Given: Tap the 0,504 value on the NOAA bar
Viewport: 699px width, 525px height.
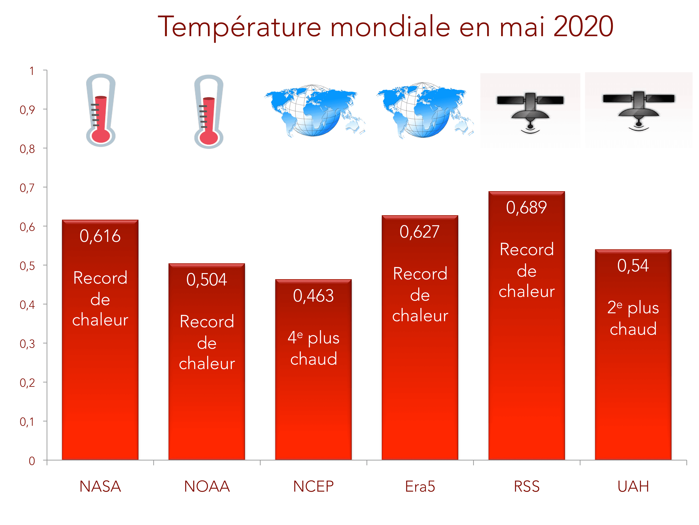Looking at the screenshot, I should coord(207,280).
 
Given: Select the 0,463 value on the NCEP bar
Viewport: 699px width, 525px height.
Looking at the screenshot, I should coord(313,296).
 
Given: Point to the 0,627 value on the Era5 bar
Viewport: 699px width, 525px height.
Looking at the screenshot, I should coord(420,232).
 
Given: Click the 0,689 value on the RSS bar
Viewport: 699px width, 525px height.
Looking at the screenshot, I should coord(527,208).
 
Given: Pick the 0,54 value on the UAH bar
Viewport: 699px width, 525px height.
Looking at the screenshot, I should coord(633,266).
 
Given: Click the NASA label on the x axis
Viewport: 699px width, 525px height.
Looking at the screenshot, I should coord(100,486).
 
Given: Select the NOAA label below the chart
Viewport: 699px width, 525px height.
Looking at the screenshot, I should coord(207,486).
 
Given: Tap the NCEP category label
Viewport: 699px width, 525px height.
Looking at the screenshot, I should coord(313,486).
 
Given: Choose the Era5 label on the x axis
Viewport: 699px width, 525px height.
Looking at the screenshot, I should coord(420,486).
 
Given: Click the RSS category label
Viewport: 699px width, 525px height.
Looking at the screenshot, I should coord(527,486).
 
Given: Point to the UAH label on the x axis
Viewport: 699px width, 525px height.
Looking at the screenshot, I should coord(633,486).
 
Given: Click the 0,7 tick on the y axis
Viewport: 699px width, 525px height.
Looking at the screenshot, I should coord(27,188).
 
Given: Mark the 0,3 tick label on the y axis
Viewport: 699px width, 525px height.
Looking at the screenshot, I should coord(27,344).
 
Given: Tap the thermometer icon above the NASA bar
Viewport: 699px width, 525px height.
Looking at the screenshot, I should coord(101,110).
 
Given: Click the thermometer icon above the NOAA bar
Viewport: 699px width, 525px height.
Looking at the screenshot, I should coord(209,111).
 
